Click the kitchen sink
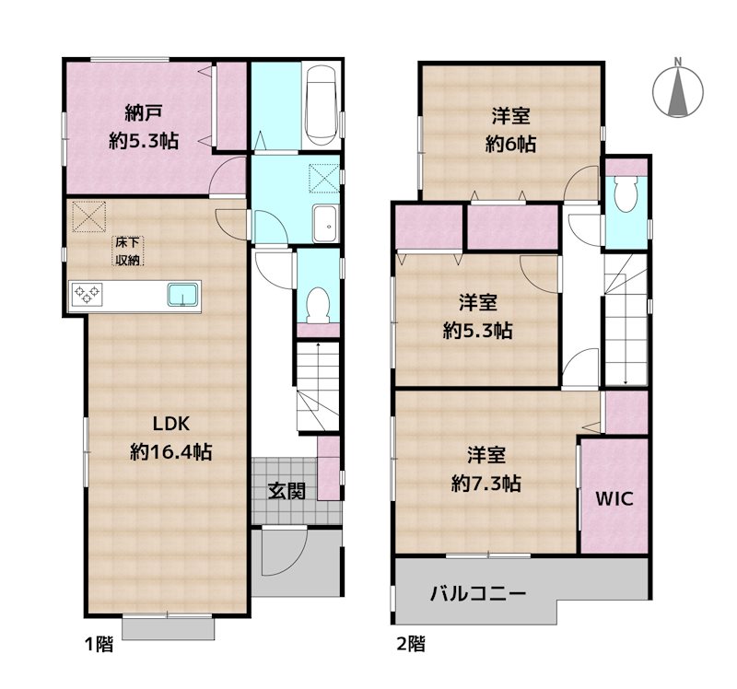point(183,295)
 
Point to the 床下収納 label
point(127,251)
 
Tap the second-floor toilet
point(626,194)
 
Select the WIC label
point(613,499)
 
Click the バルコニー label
point(478,593)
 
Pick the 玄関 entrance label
point(287,490)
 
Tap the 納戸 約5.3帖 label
point(143,127)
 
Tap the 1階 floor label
point(99,645)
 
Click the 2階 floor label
point(411,644)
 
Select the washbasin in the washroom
point(324,222)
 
